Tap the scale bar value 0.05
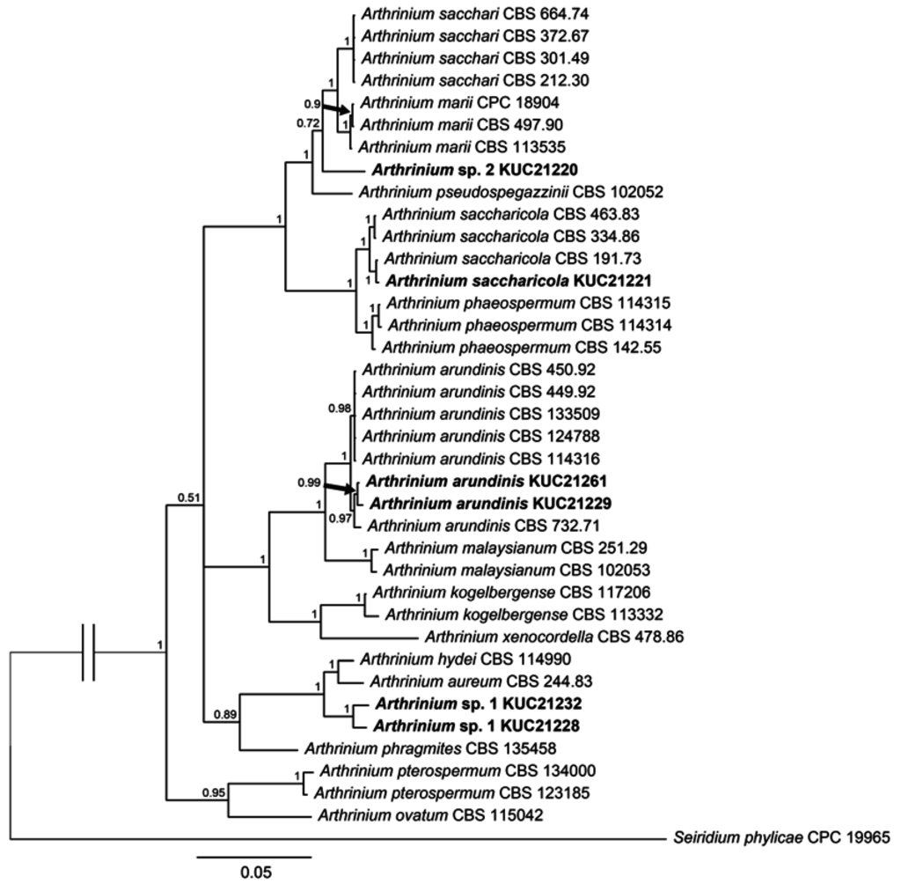[253, 873]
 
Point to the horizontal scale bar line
[253, 855]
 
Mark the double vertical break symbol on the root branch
[86, 652]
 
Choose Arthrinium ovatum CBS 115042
[428, 815]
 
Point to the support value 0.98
[340, 408]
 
